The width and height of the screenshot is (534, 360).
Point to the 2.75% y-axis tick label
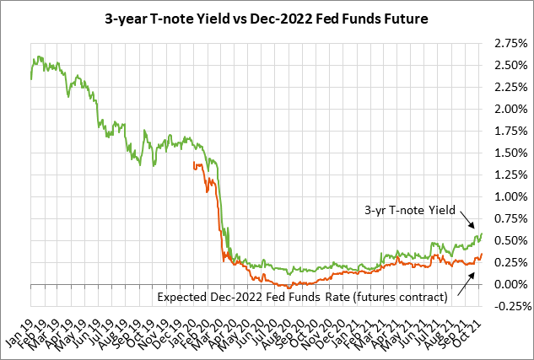[509, 43]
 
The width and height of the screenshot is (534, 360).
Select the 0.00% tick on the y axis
[509, 284]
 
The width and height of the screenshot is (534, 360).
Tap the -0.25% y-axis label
[507, 306]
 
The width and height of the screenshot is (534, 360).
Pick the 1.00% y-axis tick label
[509, 196]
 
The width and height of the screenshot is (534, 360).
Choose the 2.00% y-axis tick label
[509, 109]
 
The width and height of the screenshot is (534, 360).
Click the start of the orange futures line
[194, 163]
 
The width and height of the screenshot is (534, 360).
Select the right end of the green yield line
[481, 234]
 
